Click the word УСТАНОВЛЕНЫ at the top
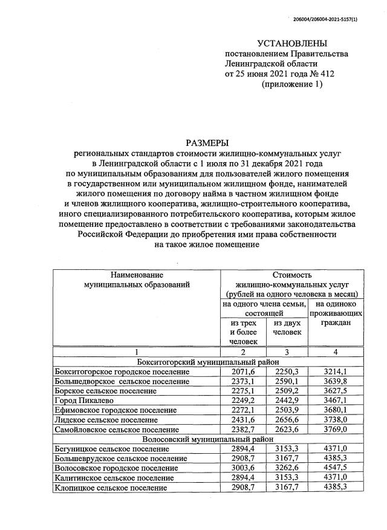coord(291,44)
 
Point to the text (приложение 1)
coord(291,85)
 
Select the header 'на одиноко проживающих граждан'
coord(336,314)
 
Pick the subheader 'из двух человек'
coord(287,327)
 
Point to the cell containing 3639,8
coord(336,381)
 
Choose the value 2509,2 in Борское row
coord(287,390)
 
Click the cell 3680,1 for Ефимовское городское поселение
coord(336,410)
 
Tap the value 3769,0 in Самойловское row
coord(336,429)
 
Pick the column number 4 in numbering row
coord(336,352)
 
